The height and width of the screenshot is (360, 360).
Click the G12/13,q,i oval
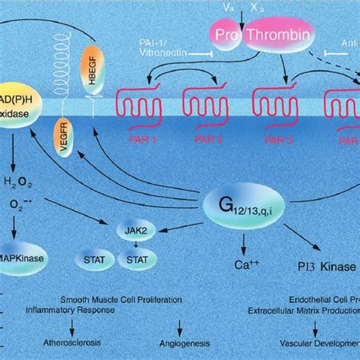(242, 204)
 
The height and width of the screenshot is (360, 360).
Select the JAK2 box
(131, 228)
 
